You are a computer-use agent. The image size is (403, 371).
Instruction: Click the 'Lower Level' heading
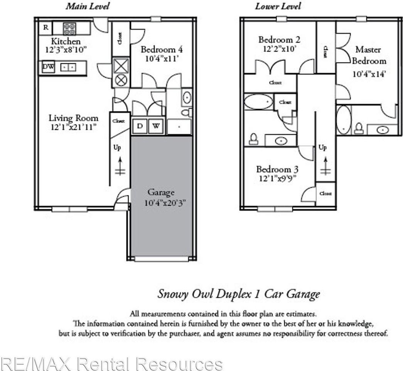click(x=278, y=6)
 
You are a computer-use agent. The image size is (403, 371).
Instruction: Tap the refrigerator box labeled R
click(x=46, y=28)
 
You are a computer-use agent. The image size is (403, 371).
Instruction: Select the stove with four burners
click(x=69, y=28)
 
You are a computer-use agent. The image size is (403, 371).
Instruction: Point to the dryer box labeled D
click(x=140, y=126)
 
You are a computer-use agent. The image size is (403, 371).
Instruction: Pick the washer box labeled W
click(x=156, y=126)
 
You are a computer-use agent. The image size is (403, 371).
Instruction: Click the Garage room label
click(x=161, y=192)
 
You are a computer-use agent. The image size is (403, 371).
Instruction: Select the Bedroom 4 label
click(x=161, y=49)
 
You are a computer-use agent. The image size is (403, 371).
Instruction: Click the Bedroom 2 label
click(x=279, y=39)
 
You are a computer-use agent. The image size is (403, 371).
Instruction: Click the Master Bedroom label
click(x=368, y=55)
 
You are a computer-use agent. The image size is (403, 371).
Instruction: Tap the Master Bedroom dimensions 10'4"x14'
click(x=369, y=75)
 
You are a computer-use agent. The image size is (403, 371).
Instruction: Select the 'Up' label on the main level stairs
click(x=117, y=148)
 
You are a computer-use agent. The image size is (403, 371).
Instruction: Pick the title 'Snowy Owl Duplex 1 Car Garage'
click(x=238, y=294)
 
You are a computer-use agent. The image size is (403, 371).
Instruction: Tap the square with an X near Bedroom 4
click(x=121, y=66)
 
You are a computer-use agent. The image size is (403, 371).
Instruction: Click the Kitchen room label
click(x=66, y=41)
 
